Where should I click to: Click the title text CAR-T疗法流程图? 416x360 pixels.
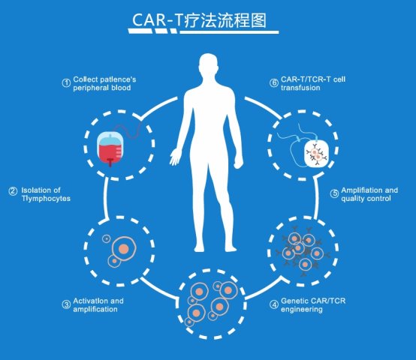199,20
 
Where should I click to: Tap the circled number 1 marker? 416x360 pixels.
66,83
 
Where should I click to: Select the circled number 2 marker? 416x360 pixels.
13,191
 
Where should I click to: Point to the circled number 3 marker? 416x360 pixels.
66,304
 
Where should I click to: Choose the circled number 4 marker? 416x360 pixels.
274,304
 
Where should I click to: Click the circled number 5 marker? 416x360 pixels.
334,193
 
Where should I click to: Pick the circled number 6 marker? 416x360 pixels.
274,83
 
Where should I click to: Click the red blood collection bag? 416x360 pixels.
110,148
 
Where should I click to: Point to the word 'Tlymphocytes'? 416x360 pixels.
46,199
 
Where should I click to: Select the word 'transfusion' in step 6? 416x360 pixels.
300,88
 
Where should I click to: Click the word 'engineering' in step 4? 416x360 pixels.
302,310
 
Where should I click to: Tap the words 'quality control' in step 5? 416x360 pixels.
366,199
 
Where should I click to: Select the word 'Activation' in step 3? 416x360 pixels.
91,301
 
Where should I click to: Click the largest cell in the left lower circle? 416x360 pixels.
124,249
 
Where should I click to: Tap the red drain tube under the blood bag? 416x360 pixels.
110,162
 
